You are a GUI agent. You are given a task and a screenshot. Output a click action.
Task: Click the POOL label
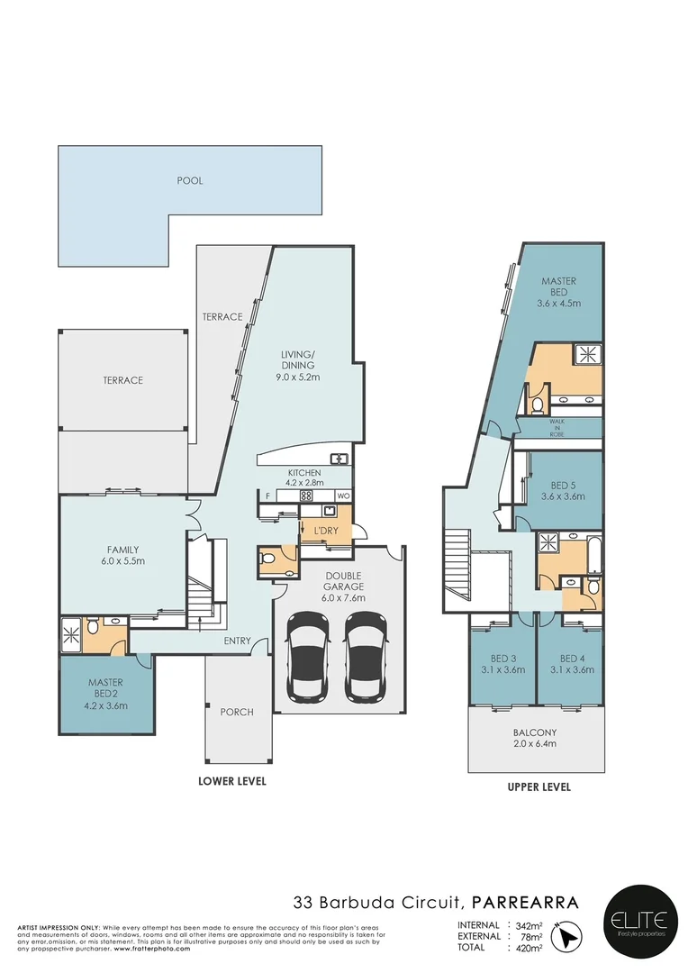[x=189, y=180]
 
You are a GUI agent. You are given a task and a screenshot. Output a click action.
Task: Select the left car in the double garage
[x=308, y=658]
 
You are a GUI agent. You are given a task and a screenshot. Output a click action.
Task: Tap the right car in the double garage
[x=366, y=658]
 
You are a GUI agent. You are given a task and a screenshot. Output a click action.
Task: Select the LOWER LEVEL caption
[x=232, y=781]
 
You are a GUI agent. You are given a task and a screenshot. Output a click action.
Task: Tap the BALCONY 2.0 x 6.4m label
[x=536, y=738]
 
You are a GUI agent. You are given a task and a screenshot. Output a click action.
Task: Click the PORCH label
[x=237, y=712]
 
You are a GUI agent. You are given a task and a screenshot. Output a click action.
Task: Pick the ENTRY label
[x=237, y=641]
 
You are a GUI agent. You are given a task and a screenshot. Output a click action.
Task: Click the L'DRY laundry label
[x=324, y=531]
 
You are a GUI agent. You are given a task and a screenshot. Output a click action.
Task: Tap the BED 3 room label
[x=501, y=664]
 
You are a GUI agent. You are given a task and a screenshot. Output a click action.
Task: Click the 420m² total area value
[x=528, y=948]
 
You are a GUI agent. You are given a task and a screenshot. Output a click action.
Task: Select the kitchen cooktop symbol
[x=305, y=495]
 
